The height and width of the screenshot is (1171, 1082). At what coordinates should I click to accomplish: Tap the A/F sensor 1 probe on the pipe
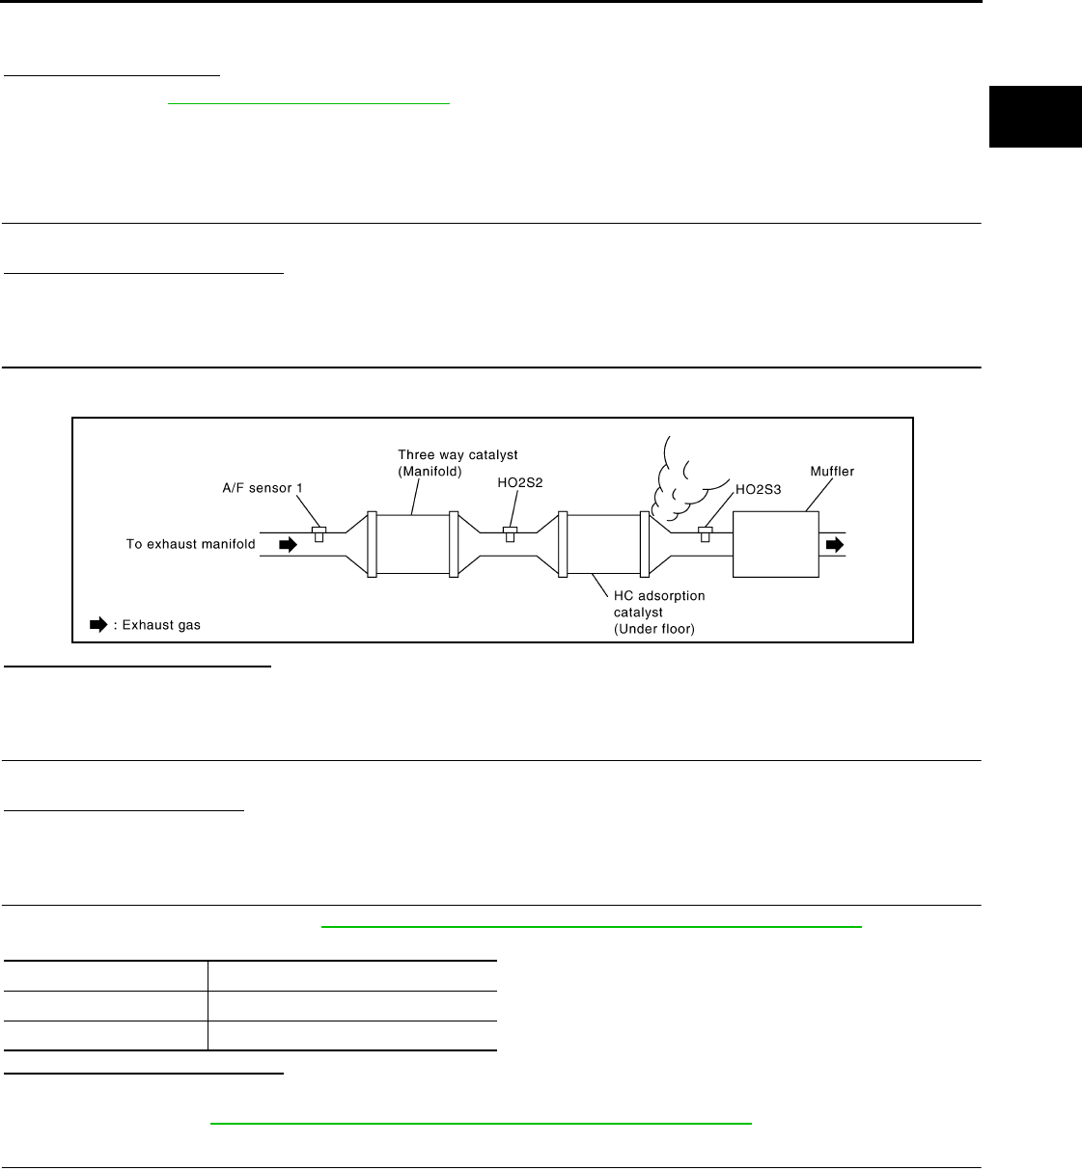[x=319, y=533]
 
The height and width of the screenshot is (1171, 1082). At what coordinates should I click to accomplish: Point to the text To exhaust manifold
[x=190, y=544]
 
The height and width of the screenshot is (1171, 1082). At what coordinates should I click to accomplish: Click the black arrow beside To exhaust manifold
[x=288, y=544]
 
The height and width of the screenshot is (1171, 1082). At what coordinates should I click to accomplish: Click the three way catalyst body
[x=412, y=545]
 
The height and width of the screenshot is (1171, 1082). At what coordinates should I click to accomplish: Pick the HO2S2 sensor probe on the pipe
[x=510, y=533]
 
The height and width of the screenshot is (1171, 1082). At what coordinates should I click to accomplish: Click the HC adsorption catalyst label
[x=659, y=604]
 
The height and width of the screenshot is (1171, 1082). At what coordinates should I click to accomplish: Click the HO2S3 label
[x=759, y=490]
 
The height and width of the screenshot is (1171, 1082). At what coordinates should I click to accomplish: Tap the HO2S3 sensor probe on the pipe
[x=706, y=533]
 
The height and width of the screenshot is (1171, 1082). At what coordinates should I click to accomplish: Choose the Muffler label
[x=832, y=472]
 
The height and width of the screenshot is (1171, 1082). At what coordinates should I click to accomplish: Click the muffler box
[x=775, y=545]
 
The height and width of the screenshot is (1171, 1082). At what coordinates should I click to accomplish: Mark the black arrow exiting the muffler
[x=834, y=545]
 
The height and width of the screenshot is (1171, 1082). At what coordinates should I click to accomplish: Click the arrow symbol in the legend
[x=97, y=625]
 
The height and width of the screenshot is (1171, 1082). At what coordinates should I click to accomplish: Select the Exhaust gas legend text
[x=159, y=625]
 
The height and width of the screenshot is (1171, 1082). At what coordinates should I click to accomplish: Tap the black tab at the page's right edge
[x=1035, y=117]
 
